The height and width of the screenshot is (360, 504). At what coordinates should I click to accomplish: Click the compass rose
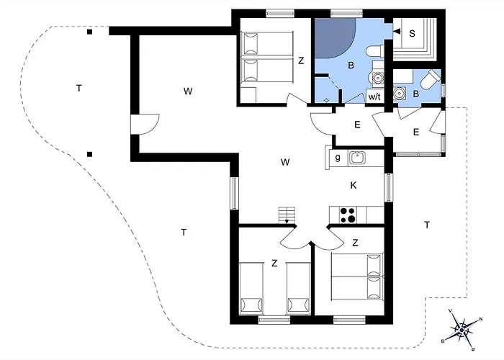point(462,330)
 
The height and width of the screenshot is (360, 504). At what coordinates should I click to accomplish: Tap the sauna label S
point(412,33)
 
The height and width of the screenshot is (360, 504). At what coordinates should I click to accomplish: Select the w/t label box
point(375,96)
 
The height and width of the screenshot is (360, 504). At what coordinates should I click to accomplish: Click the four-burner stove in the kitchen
point(348,215)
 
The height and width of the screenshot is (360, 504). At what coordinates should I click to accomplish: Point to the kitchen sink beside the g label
point(357,158)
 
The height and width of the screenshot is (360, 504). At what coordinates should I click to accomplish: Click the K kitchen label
point(354,185)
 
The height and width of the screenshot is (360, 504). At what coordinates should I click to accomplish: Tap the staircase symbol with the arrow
point(287,215)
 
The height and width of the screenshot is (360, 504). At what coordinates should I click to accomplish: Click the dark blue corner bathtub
point(335,38)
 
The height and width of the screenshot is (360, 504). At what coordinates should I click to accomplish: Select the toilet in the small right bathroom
point(431,79)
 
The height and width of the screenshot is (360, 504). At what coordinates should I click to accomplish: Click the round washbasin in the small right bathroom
point(400,94)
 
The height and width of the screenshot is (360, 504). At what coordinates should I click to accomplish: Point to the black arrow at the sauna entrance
point(397,31)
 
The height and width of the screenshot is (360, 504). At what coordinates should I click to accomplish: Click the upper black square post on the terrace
point(90,32)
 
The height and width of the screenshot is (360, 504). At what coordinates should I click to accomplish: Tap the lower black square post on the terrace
point(90,154)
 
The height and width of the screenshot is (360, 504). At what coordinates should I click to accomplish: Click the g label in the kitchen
point(338,158)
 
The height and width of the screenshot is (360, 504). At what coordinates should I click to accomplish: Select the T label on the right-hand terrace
point(427,225)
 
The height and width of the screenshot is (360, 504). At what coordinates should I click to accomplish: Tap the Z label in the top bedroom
point(301,60)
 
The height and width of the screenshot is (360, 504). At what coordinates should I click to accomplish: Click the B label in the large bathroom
point(351,66)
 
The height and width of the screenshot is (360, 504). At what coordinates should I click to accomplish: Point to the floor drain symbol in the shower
point(326,100)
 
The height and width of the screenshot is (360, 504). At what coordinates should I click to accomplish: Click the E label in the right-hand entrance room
point(416,132)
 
